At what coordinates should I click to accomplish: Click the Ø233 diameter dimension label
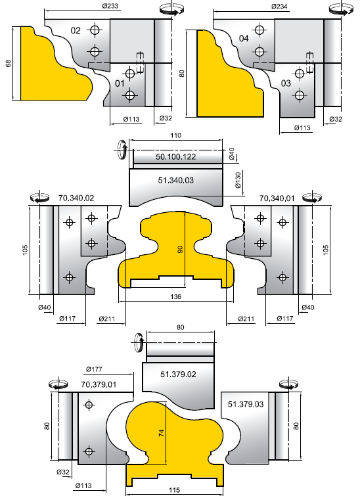110,6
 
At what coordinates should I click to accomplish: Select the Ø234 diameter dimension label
279,7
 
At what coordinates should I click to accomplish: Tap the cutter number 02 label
76,31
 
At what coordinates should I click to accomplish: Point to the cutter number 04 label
244,39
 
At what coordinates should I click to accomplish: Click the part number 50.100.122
175,157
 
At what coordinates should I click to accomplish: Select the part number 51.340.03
175,181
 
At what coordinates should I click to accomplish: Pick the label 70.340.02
76,198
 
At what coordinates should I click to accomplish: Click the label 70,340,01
277,198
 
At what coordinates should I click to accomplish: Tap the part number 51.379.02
178,375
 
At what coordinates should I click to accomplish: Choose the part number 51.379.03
246,404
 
